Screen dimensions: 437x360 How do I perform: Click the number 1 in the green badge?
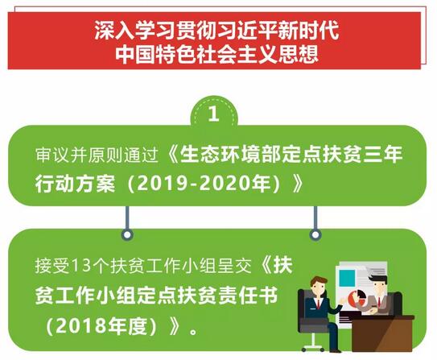[x=213, y=114]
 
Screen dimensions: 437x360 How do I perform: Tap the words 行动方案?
[x=75, y=184]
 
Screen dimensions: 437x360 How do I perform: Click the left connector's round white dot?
[x=127, y=235]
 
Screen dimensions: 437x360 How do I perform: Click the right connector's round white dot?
[x=315, y=235]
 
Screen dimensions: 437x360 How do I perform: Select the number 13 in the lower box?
[x=81, y=265]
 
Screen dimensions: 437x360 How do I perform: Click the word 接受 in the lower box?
[x=52, y=265]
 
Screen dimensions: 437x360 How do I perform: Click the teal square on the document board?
[x=347, y=278]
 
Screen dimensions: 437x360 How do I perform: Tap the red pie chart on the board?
[x=357, y=298]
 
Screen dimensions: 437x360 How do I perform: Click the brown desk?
[x=381, y=333]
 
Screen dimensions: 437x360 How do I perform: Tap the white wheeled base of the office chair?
[x=313, y=346]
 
